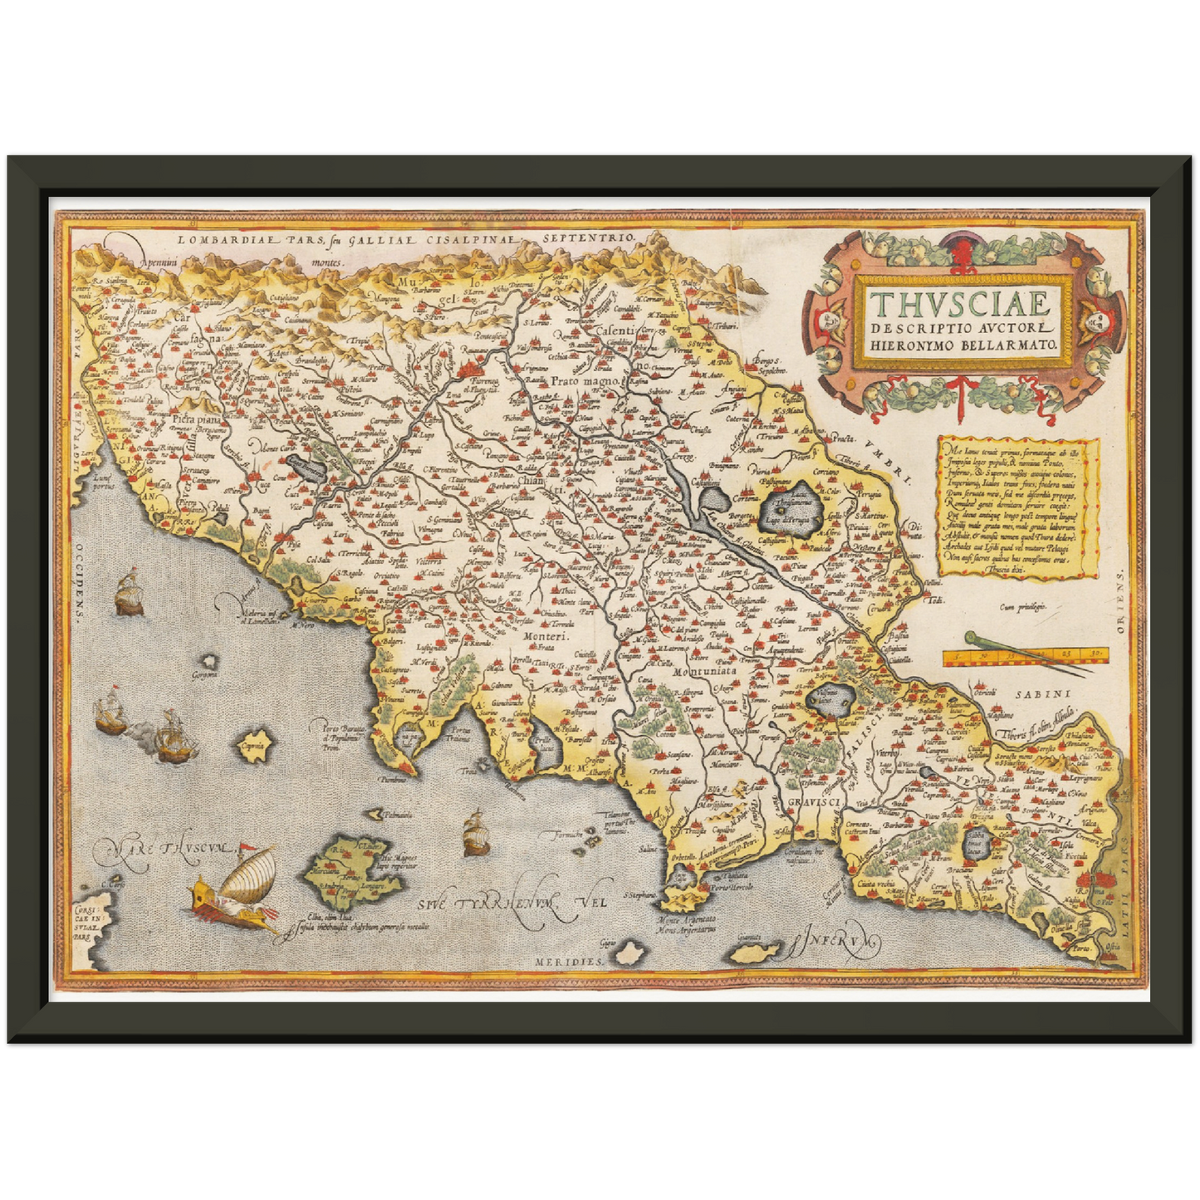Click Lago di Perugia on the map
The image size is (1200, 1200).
click(x=791, y=507)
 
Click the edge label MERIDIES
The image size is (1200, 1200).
click(x=566, y=959)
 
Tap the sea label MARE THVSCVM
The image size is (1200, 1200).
click(x=163, y=850)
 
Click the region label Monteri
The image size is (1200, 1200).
click(x=544, y=636)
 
